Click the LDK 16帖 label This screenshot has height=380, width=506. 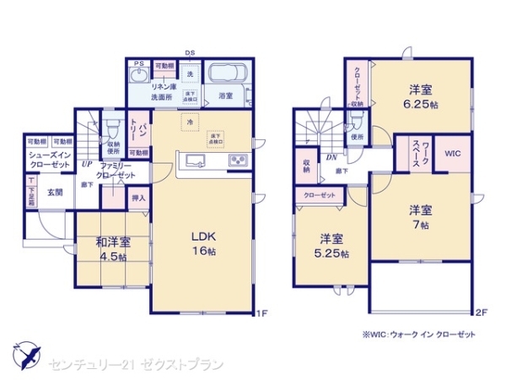202,242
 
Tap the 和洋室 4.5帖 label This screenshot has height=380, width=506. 110,251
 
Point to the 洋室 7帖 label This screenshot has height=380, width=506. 421,216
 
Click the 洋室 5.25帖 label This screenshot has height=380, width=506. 331,243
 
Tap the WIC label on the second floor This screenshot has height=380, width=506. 452,153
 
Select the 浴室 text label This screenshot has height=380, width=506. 225,97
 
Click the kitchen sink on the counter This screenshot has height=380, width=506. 194,160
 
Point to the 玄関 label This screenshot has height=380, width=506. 55,191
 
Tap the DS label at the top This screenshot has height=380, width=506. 190,52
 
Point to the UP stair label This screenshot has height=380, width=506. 87,165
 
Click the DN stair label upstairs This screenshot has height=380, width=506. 332,158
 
